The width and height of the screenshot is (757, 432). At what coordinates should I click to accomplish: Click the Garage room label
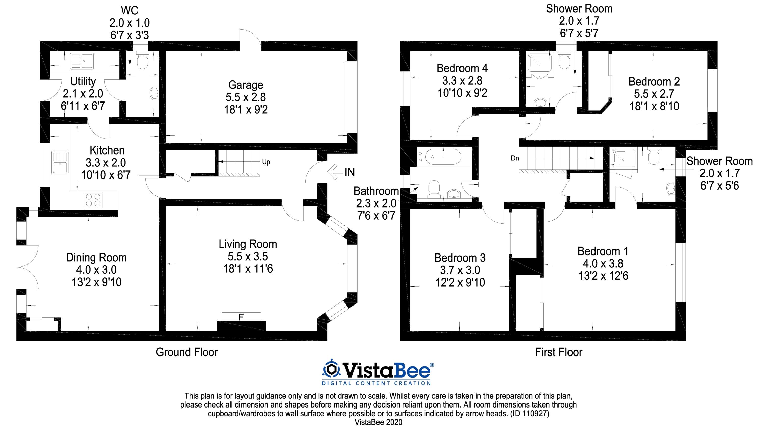pos(246,85)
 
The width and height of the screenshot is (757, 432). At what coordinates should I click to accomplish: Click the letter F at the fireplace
pos(241,317)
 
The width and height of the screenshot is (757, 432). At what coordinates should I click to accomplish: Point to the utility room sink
pos(82,61)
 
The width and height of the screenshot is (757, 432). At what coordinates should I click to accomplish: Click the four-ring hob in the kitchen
pos(93,200)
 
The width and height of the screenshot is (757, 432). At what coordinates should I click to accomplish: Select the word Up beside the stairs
pos(266,162)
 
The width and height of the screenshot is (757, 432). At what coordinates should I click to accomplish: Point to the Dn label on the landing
pos(515,158)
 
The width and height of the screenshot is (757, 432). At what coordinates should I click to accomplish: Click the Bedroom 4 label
pos(462,68)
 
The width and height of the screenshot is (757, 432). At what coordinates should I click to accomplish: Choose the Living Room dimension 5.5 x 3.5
pos(248,256)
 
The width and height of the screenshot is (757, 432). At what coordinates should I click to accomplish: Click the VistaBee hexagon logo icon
pos(331,370)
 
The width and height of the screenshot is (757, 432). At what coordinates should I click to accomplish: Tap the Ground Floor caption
pos(187,352)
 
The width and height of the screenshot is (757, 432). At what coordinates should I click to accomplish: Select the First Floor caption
pos(559,352)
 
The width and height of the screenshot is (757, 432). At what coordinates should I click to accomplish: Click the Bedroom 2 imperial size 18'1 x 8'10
pos(654,106)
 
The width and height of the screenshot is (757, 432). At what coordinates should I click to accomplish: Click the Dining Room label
pos(96,258)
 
